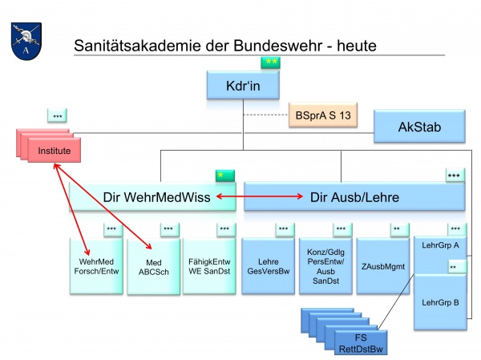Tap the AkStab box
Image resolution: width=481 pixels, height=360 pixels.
click(419, 126)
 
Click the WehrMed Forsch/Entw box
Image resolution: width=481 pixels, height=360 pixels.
click(99, 267)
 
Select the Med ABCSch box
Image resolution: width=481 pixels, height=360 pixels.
click(153, 267)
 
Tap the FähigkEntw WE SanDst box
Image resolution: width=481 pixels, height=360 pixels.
click(209, 267)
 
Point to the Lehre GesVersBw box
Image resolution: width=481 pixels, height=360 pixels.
click(267, 267)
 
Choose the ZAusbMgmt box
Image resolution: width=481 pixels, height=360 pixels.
click(382, 267)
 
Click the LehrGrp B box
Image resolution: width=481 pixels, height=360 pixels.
click(439, 302)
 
